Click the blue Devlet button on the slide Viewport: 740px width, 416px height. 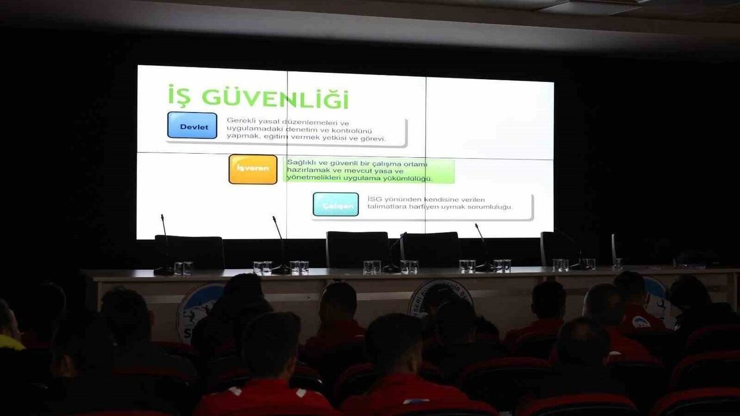coord(192,125)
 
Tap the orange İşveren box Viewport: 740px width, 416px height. coord(253,169)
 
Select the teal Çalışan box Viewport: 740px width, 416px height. coord(335,205)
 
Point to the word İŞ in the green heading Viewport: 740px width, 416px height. coord(179,96)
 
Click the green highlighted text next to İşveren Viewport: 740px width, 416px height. coord(370,170)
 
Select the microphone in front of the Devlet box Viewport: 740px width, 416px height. coord(164,243)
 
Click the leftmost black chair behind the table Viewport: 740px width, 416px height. coord(189,251)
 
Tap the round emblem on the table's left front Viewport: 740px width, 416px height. coord(197,309)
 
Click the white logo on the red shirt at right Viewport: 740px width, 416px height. coord(641,321)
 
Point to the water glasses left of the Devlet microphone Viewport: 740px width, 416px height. coord(183,268)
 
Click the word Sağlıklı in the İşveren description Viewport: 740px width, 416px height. coord(301,163)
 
